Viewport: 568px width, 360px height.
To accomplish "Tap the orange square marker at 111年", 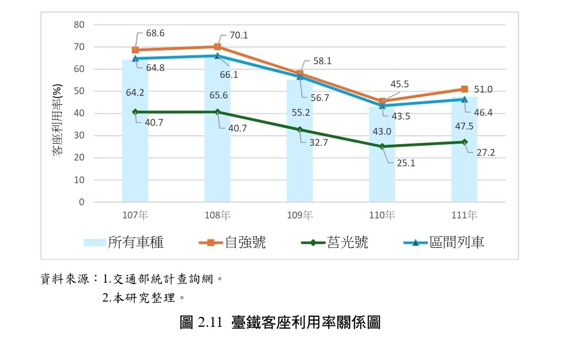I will pos(464,89).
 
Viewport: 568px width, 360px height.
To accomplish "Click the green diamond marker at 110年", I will pos(382,146).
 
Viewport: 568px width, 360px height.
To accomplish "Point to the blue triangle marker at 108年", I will pos(217,56).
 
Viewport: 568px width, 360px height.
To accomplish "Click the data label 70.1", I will pos(238,36).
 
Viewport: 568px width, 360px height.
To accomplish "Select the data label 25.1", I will pos(405,163).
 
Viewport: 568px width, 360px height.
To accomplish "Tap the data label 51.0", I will pos(483,89).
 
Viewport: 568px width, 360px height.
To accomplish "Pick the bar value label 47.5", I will pos(464,126).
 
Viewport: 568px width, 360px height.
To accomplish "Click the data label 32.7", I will pos(319,142).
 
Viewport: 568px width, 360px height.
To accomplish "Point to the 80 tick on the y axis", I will pos(79,25).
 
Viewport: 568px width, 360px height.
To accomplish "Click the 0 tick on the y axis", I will pos(82,202).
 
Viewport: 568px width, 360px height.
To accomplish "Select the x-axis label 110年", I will pos(382,215).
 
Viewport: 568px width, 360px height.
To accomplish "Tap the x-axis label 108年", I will pos(217,215).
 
